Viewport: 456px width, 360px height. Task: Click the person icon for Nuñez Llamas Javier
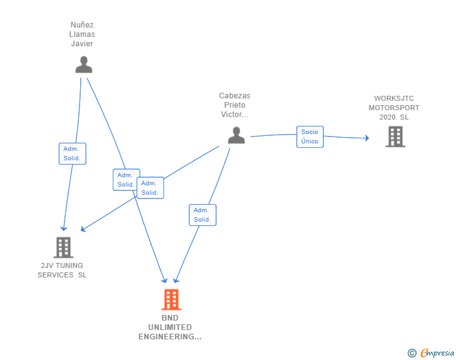coord(83,64)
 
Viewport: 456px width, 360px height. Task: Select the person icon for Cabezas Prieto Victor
coord(236,135)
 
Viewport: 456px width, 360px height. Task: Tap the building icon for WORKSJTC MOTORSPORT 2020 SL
coord(395,136)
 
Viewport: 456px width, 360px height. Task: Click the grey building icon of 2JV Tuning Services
coord(63,247)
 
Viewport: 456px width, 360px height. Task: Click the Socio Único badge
coord(309,136)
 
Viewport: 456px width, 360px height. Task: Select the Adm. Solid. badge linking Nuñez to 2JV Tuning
coord(72,153)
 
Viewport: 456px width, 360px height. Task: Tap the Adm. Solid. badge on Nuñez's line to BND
coord(125,180)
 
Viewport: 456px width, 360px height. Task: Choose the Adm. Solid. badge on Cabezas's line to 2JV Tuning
coord(150,188)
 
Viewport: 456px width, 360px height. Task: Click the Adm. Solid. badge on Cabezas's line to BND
coord(202,215)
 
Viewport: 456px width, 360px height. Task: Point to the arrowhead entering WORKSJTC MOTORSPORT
coord(367,138)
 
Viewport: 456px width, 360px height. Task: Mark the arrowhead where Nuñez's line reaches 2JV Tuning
coord(63,229)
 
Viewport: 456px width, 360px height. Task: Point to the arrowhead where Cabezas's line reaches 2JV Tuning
coord(84,229)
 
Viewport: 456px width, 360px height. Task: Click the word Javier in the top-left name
coord(82,44)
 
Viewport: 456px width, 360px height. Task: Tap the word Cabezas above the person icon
coord(234,96)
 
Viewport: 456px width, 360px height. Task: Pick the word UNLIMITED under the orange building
coord(170,327)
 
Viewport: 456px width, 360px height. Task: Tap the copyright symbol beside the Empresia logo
coord(412,353)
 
